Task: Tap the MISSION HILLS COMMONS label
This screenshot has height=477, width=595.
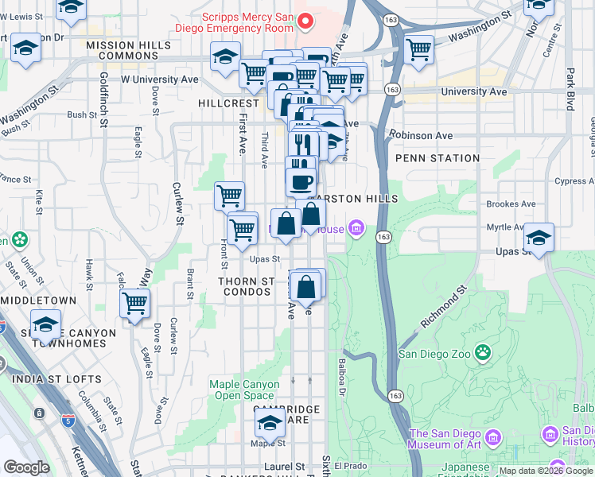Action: pos(129,47)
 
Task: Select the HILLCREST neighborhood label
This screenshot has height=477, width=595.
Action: pos(229,103)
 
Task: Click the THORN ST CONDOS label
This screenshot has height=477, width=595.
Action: pos(248,288)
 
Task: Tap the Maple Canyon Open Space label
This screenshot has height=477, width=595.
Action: pos(244,390)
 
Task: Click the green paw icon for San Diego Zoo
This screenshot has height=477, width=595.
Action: pos(482,351)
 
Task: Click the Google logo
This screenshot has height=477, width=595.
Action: pos(26,467)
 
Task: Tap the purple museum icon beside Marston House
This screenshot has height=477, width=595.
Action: pos(356,230)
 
